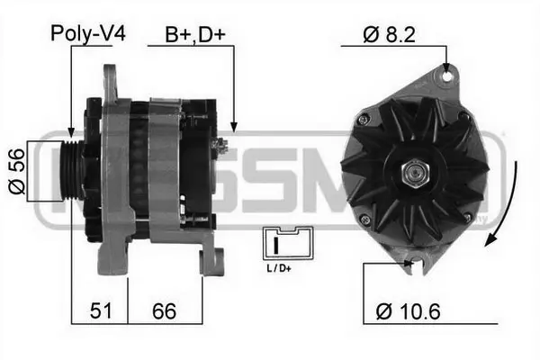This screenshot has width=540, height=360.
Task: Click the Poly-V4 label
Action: click(88, 35)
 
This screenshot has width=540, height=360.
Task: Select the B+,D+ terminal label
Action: click(193, 35)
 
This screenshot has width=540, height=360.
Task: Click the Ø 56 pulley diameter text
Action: click(14, 170)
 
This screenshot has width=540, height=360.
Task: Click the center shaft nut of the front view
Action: click(415, 169)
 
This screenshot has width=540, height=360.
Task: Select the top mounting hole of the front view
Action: click(445, 77)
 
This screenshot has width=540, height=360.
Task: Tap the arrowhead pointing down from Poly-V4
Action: click(70, 132)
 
